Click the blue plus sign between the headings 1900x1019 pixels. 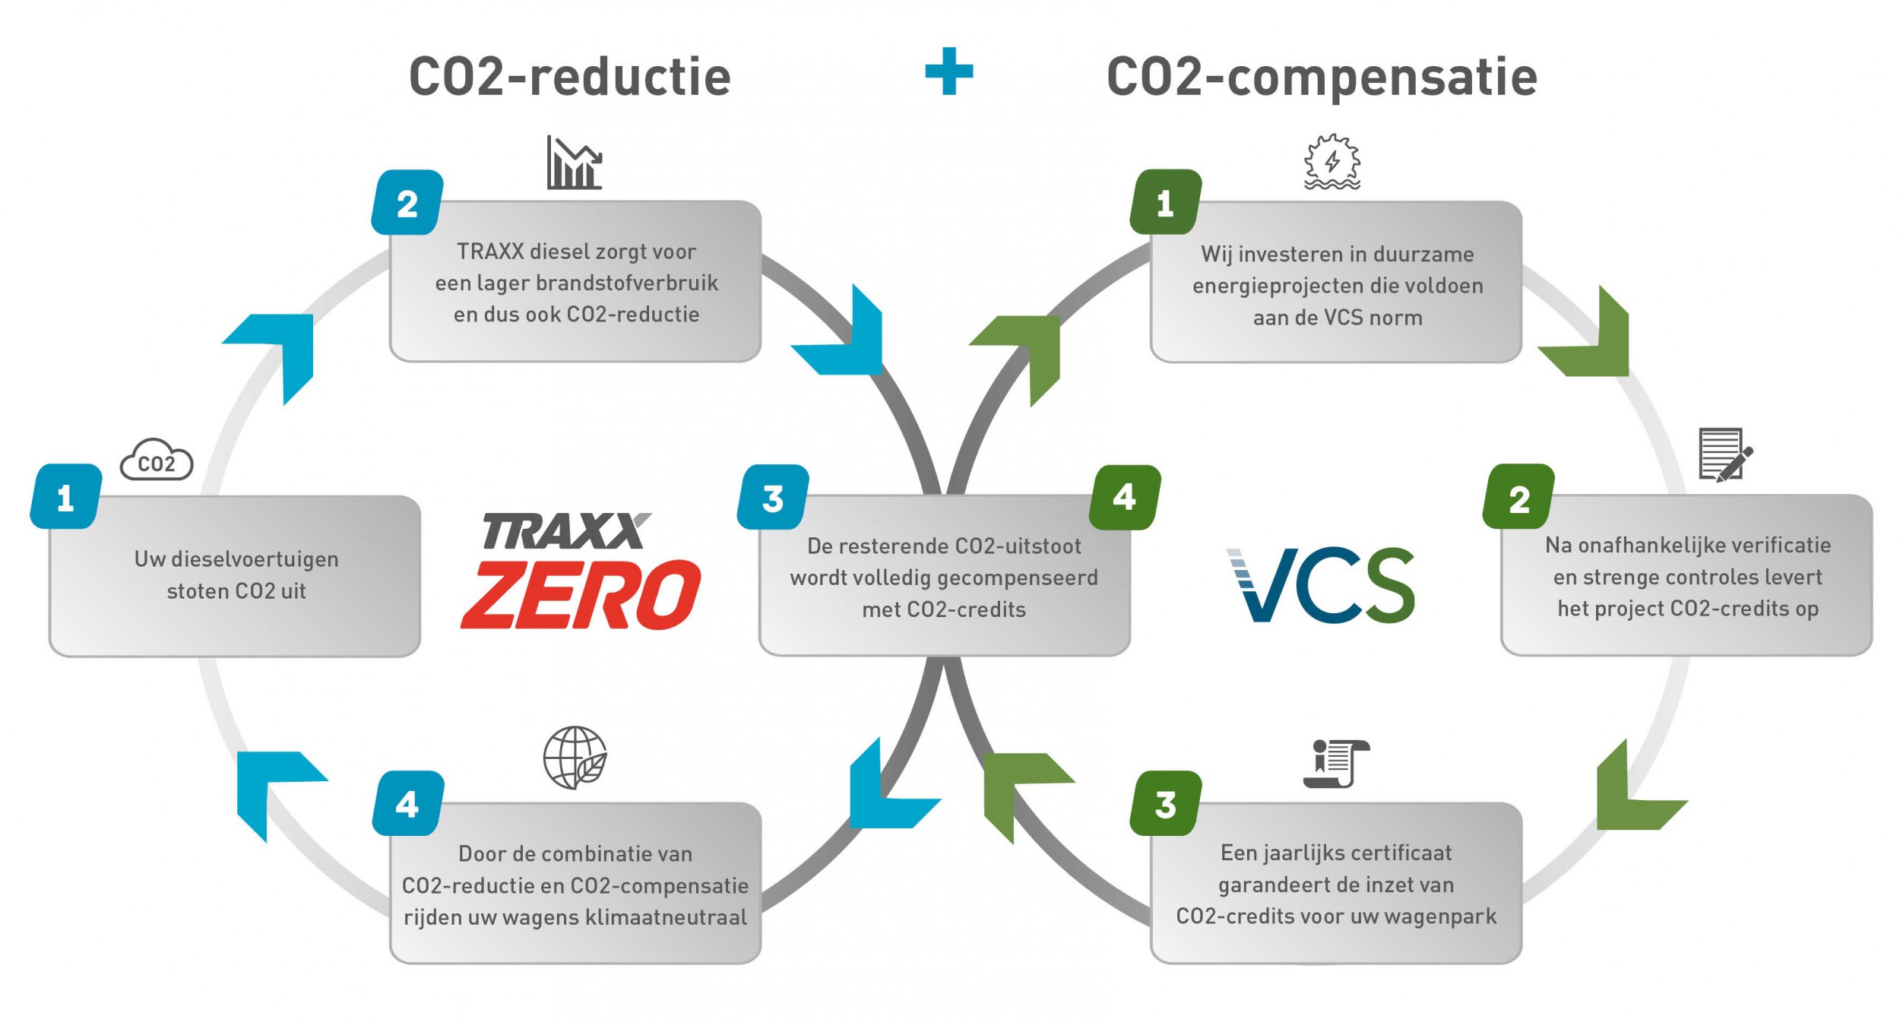[948, 71]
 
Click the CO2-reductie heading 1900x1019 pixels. [570, 77]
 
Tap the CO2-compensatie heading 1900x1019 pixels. [1322, 77]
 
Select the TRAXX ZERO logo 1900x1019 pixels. [581, 571]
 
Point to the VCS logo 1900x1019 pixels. [1321, 584]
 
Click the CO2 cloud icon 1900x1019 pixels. [157, 460]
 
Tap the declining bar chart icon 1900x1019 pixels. [574, 163]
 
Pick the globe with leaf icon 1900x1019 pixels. [575, 757]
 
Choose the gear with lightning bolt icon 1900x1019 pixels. [1332, 162]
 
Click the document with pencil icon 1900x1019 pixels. [1724, 454]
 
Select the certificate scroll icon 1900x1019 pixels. [1335, 763]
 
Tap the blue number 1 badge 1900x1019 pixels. [66, 497]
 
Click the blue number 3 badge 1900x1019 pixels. [773, 498]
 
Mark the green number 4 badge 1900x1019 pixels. [1125, 498]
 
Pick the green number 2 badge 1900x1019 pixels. [1518, 498]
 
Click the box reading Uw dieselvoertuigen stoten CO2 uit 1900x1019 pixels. [235, 576]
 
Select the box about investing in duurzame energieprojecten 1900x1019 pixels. [1336, 283]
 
